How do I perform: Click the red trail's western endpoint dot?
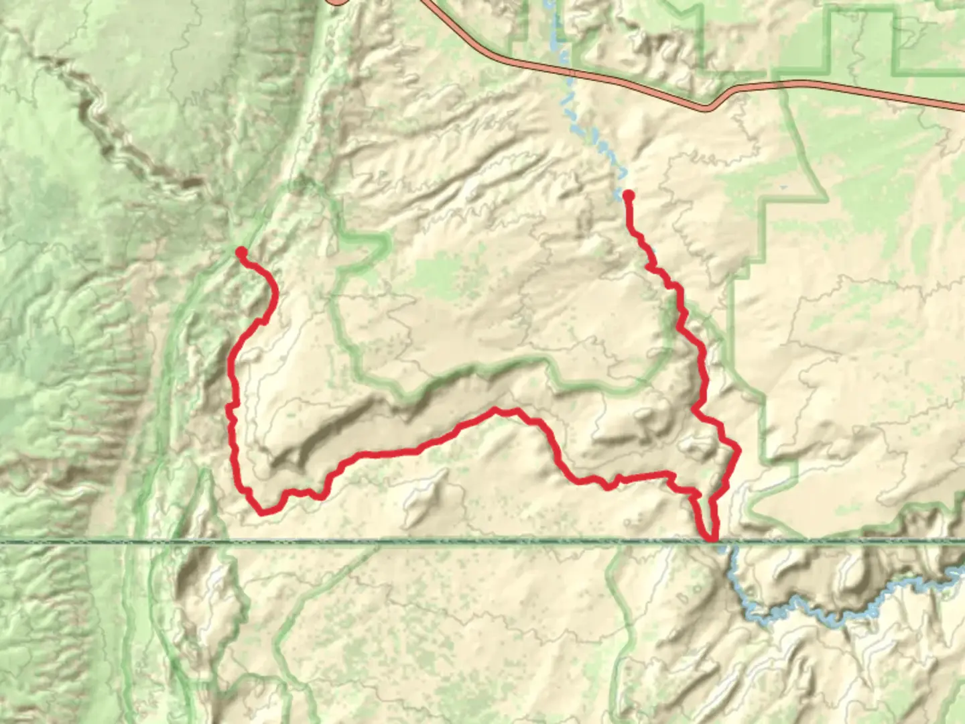click(241, 252)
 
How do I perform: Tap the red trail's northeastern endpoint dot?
click(629, 195)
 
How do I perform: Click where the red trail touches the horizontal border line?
click(712, 539)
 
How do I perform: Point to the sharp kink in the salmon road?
click(709, 107)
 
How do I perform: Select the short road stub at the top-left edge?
click(338, 3)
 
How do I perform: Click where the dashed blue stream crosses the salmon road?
click(568, 68)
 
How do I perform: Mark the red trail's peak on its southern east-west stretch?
click(496, 410)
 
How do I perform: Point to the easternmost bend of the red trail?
click(737, 450)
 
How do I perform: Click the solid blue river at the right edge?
click(955, 577)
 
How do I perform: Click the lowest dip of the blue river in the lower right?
click(834, 620)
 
